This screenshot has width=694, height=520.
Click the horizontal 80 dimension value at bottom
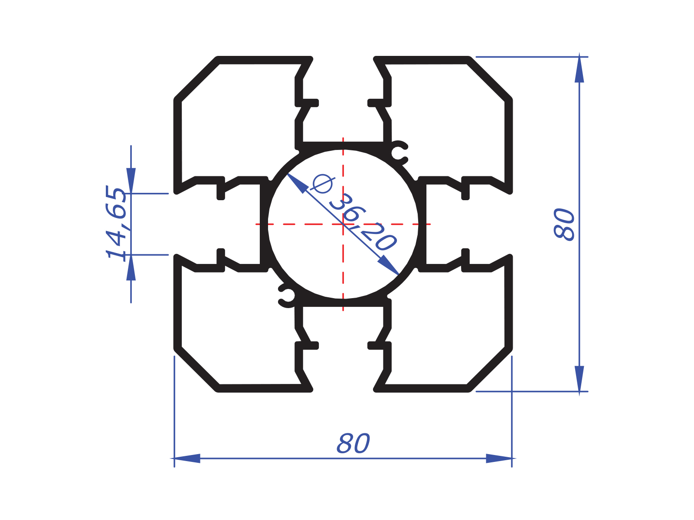coord(353,444)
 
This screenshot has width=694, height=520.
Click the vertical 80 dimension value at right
coord(564,224)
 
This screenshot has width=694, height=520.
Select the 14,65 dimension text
coord(116,223)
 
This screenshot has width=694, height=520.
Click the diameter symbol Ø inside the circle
coord(322,184)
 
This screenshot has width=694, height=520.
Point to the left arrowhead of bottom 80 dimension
coord(187,458)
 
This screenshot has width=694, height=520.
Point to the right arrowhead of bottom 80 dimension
coord(499,458)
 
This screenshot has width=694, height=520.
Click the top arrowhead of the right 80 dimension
coord(579,69)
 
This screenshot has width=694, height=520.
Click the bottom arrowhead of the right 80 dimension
coord(579,379)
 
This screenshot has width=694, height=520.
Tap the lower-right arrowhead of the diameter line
coord(389,265)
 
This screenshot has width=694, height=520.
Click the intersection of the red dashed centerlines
coord(343,224)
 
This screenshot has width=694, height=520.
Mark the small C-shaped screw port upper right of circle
coord(399,153)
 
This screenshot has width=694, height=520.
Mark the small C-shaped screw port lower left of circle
coord(287,296)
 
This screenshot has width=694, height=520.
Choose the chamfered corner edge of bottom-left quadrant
coord(196,369)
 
